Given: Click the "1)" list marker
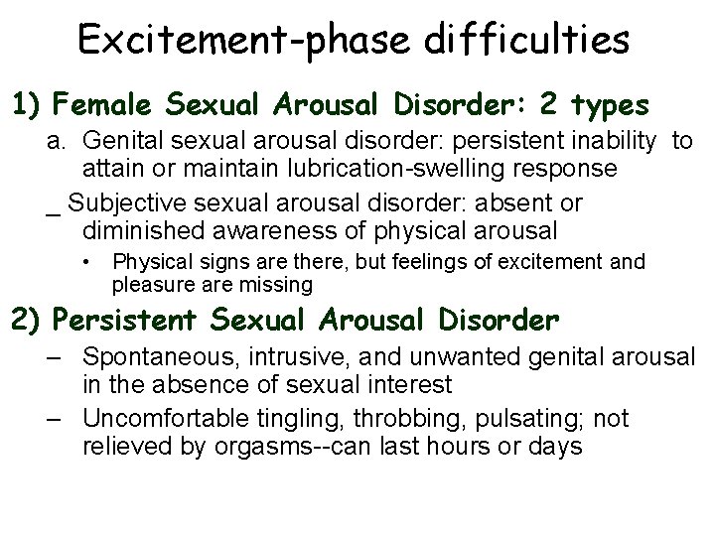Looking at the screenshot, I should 27,104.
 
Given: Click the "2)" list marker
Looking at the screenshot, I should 27,321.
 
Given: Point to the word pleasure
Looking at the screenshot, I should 149,286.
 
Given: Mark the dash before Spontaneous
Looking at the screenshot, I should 61,355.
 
